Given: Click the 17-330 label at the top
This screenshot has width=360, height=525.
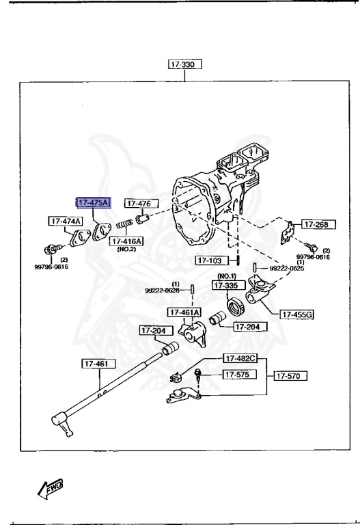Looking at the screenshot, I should (186, 65).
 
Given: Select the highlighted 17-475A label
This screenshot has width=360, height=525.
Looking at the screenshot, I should (92, 203).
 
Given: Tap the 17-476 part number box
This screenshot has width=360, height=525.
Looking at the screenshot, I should (141, 203).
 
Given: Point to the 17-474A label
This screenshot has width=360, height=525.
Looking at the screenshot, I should (65, 221).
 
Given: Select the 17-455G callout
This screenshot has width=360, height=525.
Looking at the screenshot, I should (296, 314).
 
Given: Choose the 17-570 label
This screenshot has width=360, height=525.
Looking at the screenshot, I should (290, 375).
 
